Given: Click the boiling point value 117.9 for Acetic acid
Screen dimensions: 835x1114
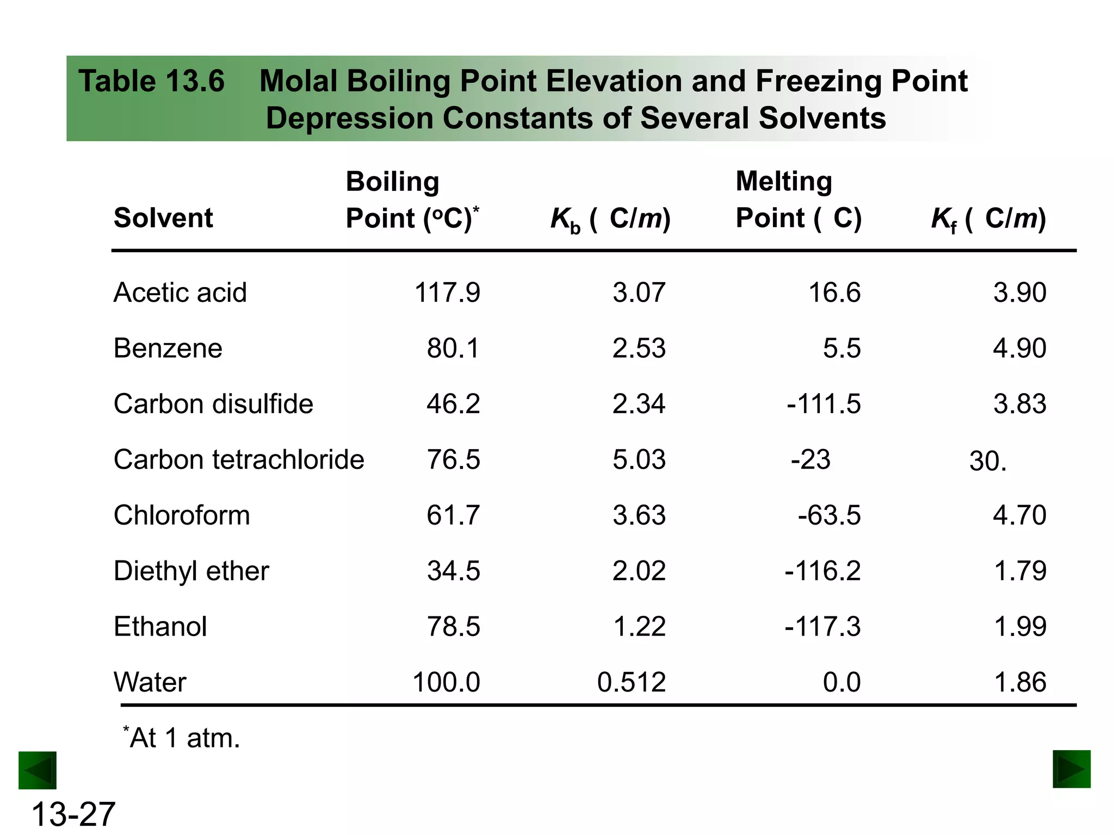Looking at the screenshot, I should click(447, 292).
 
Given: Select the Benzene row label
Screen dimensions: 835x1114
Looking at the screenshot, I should click(168, 348).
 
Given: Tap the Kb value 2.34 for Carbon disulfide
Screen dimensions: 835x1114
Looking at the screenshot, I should click(639, 404).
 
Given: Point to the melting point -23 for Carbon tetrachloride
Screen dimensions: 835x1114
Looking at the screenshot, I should click(810, 459).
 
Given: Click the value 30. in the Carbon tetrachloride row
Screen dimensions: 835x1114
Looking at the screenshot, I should click(988, 461).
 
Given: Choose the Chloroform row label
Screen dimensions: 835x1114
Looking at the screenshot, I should click(182, 515).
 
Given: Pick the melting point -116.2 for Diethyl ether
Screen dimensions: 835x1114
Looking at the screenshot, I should click(822, 571).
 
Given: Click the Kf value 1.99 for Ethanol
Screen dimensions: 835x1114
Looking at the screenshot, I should click(1019, 626).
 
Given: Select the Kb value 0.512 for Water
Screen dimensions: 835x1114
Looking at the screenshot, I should click(631, 682).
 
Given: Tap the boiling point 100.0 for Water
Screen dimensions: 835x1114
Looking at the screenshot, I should click(446, 682).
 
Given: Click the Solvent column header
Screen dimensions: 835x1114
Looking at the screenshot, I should click(163, 218).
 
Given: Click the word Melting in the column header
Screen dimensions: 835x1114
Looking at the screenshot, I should click(784, 181).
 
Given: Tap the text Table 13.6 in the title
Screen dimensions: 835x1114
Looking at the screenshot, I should click(151, 82).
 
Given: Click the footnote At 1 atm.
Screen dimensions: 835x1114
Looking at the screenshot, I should click(182, 738).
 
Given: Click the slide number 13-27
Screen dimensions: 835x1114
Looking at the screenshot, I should click(73, 814).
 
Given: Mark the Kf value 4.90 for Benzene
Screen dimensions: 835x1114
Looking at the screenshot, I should click(1019, 348).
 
